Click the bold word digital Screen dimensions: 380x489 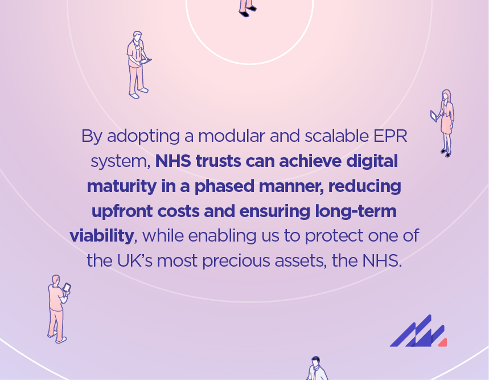tap(372, 161)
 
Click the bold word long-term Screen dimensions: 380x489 tap(356, 211)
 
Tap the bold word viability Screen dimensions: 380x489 tap(102, 236)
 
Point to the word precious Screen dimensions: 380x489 tap(268, 261)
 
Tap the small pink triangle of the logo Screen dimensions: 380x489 tap(442, 342)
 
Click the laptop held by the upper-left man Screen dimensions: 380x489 tap(146, 61)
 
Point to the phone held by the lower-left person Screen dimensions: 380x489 tap(67, 288)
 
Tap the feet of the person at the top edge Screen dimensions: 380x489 tap(246, 10)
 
